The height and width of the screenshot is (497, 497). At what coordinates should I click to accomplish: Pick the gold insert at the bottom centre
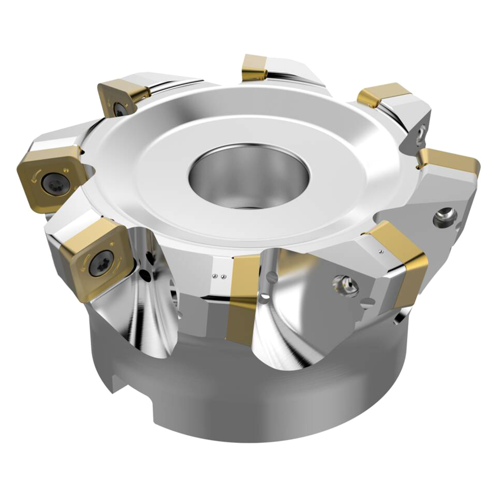click(243, 299)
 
